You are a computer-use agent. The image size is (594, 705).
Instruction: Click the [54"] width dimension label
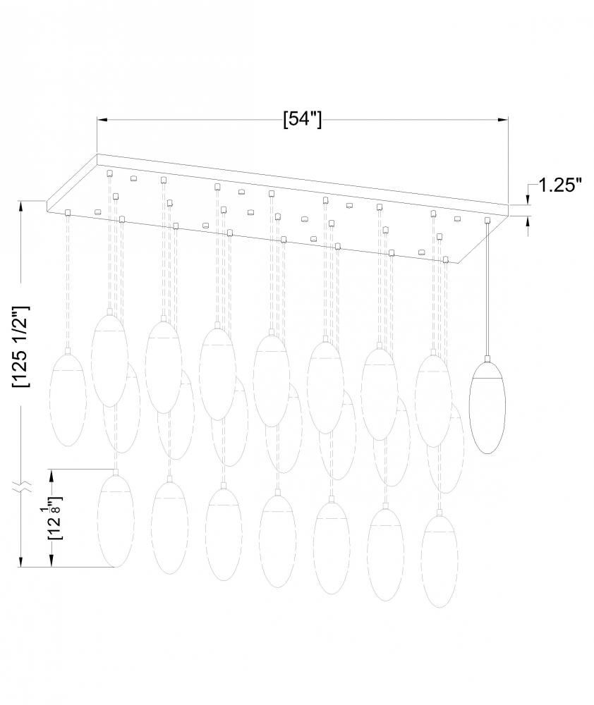click(x=303, y=119)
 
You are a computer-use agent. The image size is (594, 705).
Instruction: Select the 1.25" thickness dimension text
click(x=560, y=185)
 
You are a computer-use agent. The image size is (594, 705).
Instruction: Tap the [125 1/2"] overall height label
click(x=22, y=347)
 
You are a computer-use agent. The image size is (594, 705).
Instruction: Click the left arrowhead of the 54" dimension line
click(x=102, y=120)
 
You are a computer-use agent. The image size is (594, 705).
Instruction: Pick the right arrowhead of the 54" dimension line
click(x=503, y=120)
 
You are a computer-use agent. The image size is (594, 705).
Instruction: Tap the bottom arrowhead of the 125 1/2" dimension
click(x=21, y=562)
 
